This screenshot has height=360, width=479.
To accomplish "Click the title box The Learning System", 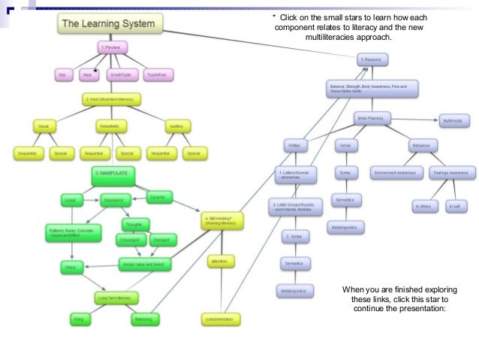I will pyautogui.click(x=109, y=24).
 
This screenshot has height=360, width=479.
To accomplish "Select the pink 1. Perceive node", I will pyautogui.click(x=113, y=47).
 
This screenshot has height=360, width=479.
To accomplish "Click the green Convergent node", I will pyautogui.click(x=131, y=241).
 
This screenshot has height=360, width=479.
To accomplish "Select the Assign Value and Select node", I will pyautogui.click(x=146, y=265).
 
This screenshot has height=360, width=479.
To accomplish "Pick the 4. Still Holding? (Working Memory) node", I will pyautogui.click(x=221, y=223).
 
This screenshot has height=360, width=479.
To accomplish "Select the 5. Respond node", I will pyautogui.click(x=373, y=59).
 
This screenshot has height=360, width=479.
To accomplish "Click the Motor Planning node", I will pyautogui.click(x=375, y=118).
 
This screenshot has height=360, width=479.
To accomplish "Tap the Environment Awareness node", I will pyautogui.click(x=395, y=172).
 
